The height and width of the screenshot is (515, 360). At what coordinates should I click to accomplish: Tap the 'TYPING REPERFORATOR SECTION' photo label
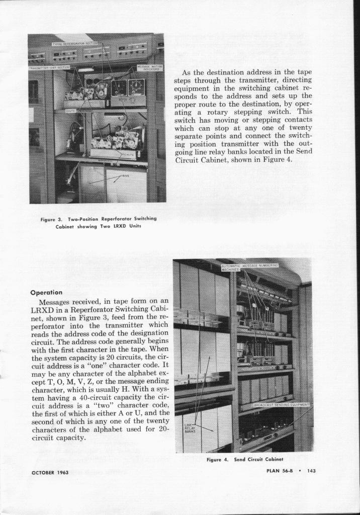point(75,44)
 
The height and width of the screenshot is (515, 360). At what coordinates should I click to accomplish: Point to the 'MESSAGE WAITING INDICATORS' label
point(148,68)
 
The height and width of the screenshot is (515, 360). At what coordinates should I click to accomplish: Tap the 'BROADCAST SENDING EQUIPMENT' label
point(282,404)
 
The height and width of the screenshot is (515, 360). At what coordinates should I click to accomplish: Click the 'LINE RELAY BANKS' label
point(190,427)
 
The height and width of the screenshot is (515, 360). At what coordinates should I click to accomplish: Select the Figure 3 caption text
point(99,222)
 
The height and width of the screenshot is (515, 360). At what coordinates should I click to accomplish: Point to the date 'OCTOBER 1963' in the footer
point(50,472)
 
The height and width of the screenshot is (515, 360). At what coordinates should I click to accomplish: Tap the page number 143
point(310,471)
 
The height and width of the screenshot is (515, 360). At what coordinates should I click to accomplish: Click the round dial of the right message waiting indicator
point(136,85)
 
